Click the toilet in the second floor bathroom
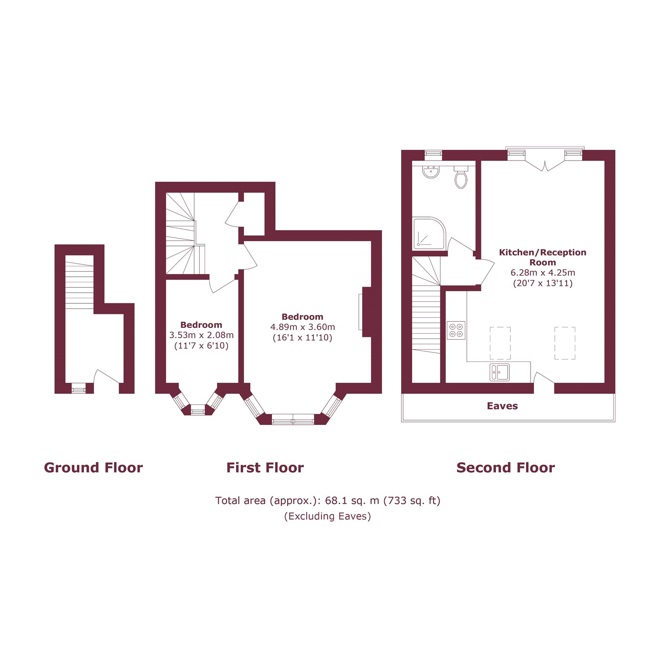coord(461,178)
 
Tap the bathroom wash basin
coord(431,172)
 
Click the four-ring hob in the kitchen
coord(456,330)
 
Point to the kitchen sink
coord(499,372)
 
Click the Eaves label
coord(502,406)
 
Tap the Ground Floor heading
coord(93,468)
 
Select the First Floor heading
coord(265,468)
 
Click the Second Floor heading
coord(506,468)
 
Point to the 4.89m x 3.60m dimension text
coord(303,327)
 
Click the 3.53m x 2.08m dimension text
coord(201,335)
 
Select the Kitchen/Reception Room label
coord(542,257)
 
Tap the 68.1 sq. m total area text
coord(327,501)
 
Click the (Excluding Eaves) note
coord(327,516)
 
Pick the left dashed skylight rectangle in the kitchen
coord(500,343)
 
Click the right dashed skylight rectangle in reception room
coord(565,343)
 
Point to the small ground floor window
coord(79,388)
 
